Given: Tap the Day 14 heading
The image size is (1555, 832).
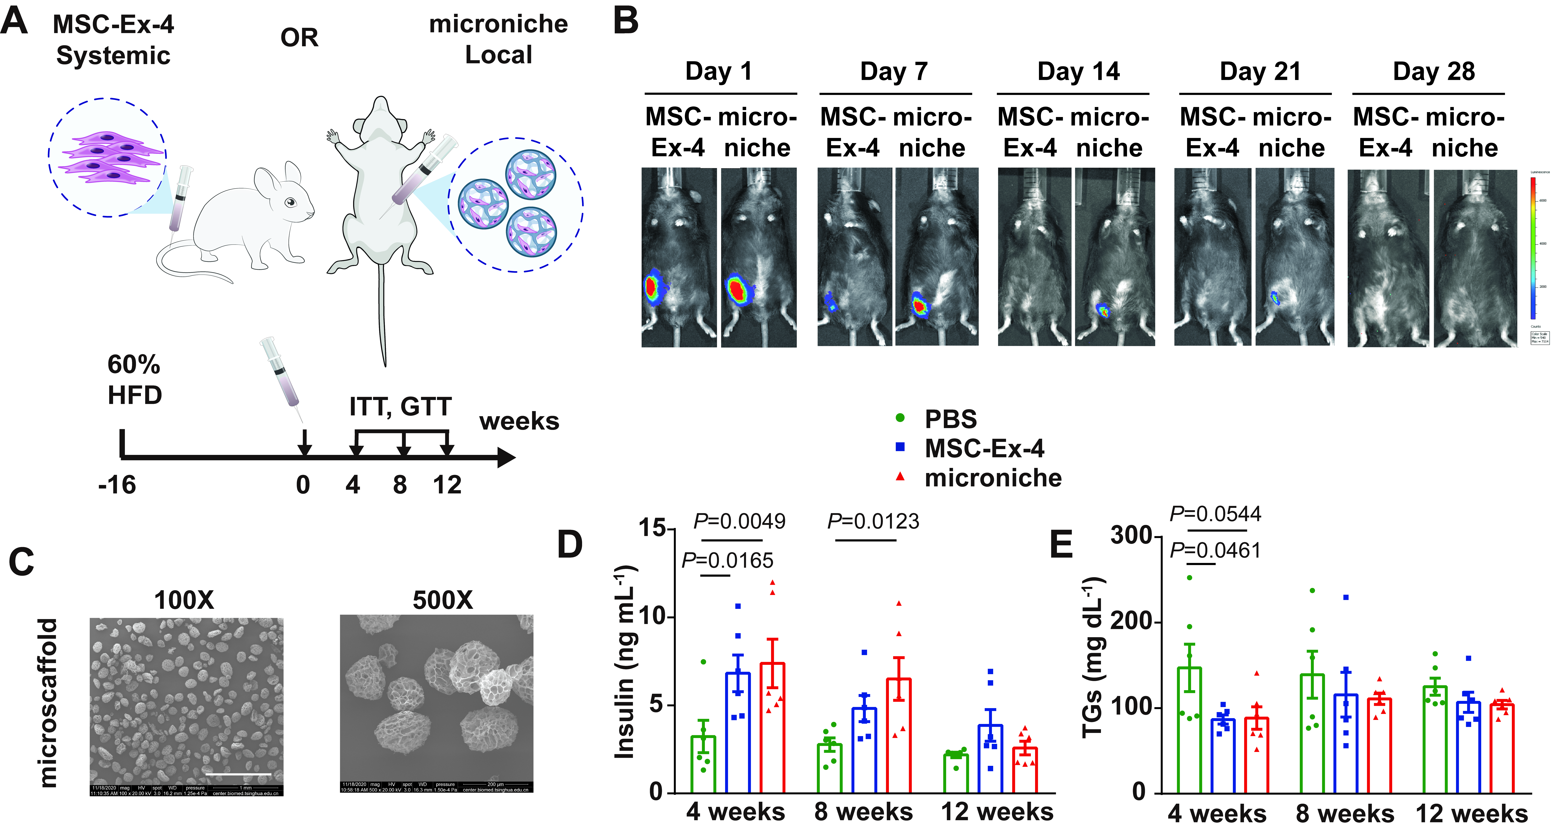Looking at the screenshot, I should pos(1078,71).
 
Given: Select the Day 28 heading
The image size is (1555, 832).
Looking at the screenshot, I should pos(1434,71).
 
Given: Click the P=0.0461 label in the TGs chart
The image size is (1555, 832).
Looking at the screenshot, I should pos(1215,550).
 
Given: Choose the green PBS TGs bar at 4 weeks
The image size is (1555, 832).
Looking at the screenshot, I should pos(1189,730).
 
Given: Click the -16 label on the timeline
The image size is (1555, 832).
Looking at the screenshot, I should pos(117,484).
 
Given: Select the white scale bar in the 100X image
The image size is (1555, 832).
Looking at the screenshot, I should pos(238,773).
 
